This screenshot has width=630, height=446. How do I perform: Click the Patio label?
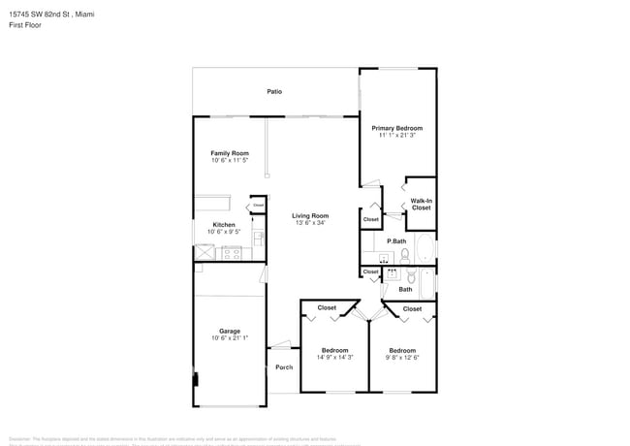click(x=274, y=92)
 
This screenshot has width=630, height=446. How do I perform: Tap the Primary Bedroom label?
click(x=397, y=128)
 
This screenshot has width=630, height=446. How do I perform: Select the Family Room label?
click(x=230, y=153)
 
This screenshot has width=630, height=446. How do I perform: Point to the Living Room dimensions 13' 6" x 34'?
click(x=311, y=223)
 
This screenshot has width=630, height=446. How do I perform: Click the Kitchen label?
click(x=225, y=225)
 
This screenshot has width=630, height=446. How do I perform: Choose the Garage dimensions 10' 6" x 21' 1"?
click(x=230, y=338)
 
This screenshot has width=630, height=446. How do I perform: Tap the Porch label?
click(x=284, y=367)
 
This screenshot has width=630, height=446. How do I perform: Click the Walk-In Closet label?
click(x=421, y=205)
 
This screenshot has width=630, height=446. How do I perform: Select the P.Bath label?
click(x=395, y=240)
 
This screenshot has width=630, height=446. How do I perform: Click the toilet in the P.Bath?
click(x=405, y=256)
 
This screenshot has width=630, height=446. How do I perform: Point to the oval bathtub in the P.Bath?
click(x=425, y=247)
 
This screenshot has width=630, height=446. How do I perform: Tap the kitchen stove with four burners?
click(x=232, y=253)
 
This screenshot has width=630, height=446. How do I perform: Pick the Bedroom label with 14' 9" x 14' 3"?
click(x=334, y=350)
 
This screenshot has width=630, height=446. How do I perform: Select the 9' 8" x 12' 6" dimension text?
click(x=402, y=358)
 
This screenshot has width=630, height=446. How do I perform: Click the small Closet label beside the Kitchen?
click(x=258, y=206)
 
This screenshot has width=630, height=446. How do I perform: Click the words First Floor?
click(x=22, y=27)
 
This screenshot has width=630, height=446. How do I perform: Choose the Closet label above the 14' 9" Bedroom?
click(x=327, y=308)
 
